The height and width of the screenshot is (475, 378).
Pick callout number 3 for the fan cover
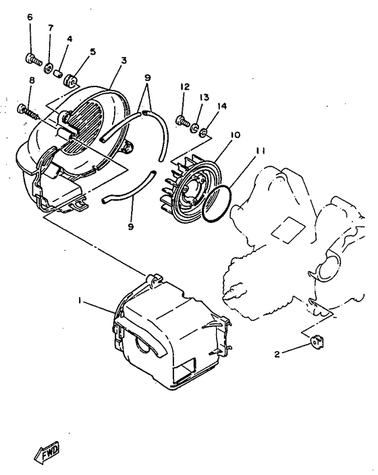point(124,60)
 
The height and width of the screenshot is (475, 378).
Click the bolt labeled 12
point(182,122)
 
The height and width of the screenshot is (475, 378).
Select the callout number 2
point(277,353)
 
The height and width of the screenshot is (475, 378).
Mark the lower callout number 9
point(130,226)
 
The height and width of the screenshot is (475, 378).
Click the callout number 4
point(70,39)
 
